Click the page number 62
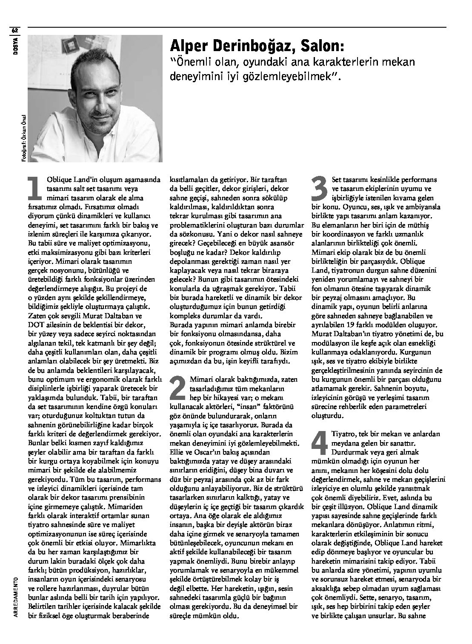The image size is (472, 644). pos(15,30)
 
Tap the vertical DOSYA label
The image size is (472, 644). pos(15,43)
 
